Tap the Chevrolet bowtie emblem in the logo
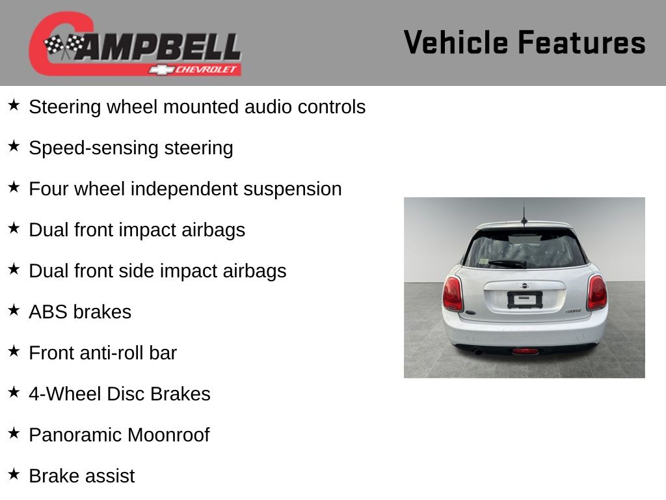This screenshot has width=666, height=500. point(161,70)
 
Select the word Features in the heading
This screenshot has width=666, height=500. point(582,42)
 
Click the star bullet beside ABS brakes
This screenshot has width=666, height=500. point(14,310)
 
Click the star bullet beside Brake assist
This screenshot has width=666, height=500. point(14,474)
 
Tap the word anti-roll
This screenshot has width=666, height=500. point(117,353)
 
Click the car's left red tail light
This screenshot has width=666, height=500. point(453,294)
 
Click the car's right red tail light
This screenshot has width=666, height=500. point(597,292)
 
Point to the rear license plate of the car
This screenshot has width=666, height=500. point(525,300)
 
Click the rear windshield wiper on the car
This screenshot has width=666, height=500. point(507,264)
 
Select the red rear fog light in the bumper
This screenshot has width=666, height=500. point(525,352)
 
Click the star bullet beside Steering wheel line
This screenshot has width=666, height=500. point(14,105)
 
